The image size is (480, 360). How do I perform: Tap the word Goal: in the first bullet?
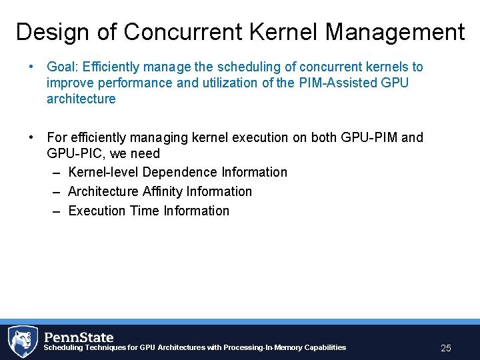tap(63, 67)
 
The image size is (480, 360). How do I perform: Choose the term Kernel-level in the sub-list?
tap(104, 172)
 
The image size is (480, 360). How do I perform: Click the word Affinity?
tap(163, 191)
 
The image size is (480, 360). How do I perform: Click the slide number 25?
tap(446, 348)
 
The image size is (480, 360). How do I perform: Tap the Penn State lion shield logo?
tap(23, 341)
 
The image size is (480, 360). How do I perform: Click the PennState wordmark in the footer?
tap(79, 337)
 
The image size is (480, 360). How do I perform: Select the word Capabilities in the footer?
tap(325, 347)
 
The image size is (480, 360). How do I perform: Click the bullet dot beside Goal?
tap(31, 67)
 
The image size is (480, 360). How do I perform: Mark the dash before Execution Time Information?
tap(57, 211)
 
